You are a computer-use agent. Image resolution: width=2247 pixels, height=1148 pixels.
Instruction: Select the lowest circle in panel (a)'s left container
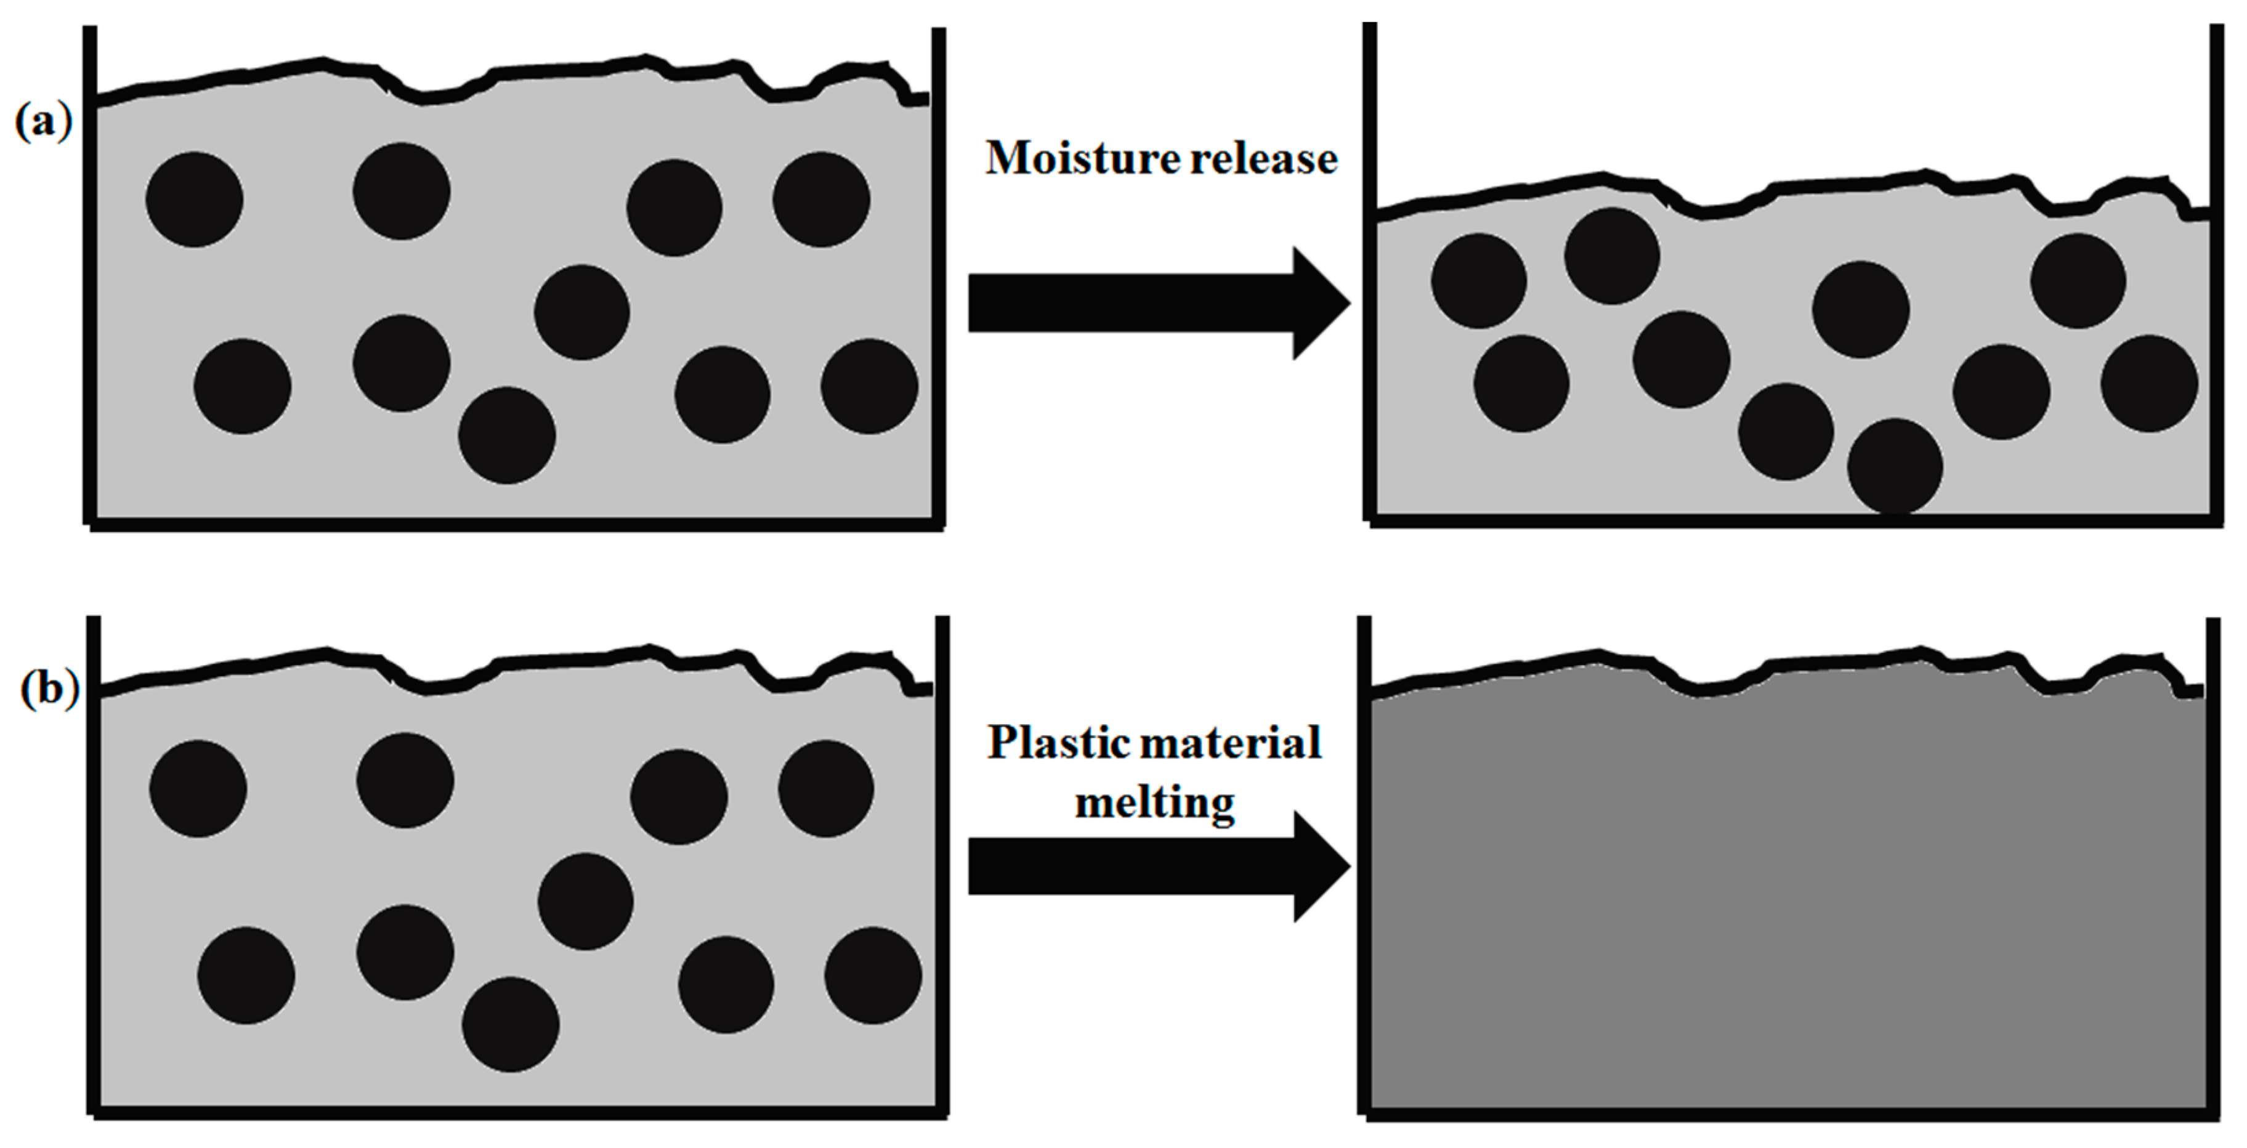click(507, 435)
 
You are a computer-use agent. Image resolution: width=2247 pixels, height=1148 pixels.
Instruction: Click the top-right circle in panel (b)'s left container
click(825, 788)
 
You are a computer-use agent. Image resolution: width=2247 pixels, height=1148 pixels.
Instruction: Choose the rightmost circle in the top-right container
click(2148, 384)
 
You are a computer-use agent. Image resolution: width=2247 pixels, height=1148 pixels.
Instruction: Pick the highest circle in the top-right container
click(1611, 256)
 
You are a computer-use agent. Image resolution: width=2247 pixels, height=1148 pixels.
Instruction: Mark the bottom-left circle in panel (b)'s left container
click(246, 976)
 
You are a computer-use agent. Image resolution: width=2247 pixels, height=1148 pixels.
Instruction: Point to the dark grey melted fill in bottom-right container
click(1788, 916)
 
